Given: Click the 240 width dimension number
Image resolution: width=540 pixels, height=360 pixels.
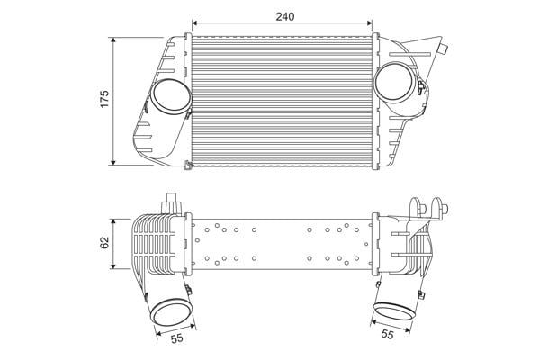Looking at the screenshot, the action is pos(284,16).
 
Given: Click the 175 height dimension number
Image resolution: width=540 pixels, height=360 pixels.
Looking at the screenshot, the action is pos(104,98).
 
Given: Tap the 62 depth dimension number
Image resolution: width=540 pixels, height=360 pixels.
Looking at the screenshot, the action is pos(104,242).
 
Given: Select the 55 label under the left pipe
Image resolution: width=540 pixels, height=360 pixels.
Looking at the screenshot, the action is pos(177,338).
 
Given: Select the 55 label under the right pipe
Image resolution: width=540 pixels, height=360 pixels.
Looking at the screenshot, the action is pos(387,334).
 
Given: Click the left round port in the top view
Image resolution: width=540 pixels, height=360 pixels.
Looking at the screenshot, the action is pos(171,97).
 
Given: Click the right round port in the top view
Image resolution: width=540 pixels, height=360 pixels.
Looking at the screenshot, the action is pos(395,82).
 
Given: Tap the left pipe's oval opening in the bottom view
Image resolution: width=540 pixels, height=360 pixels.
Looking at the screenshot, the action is pos(172,312).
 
